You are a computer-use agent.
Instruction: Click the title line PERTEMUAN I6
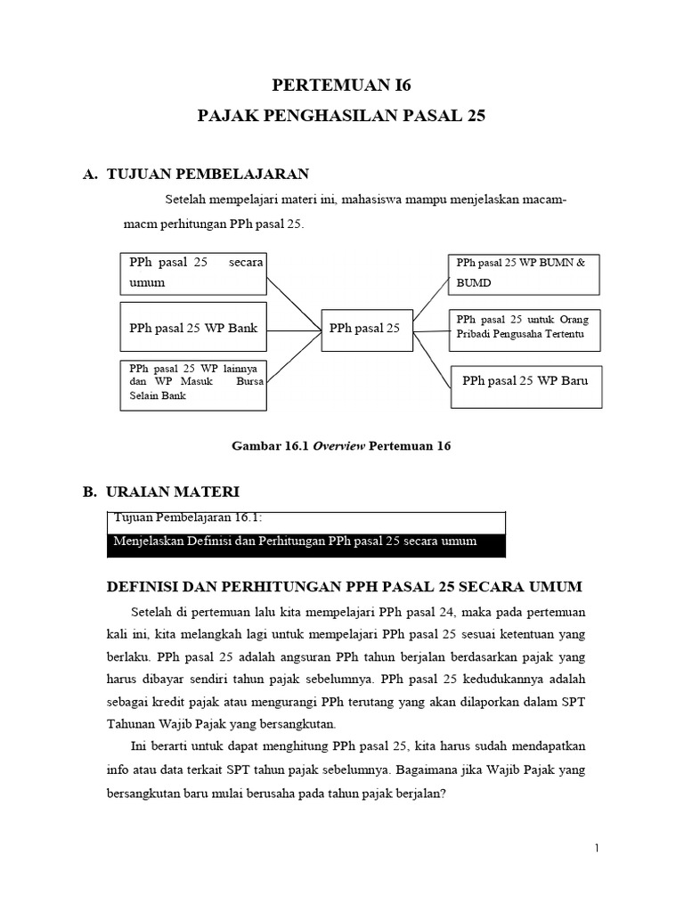(x=342, y=86)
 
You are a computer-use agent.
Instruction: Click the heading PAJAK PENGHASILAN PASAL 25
(x=342, y=116)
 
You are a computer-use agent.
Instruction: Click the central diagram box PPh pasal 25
(x=364, y=329)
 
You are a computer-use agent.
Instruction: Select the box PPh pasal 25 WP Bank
(x=193, y=329)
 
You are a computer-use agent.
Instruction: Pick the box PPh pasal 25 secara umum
(x=193, y=273)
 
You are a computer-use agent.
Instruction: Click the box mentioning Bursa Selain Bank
(x=193, y=385)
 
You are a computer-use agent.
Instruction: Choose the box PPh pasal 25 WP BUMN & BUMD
(x=524, y=273)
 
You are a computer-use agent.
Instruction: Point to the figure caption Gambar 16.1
(x=342, y=446)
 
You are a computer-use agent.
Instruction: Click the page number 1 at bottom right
(x=598, y=849)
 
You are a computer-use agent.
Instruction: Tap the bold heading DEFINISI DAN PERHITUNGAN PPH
(x=344, y=586)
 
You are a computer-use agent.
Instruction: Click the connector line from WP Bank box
(x=293, y=329)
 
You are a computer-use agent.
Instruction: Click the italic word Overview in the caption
(x=338, y=446)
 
